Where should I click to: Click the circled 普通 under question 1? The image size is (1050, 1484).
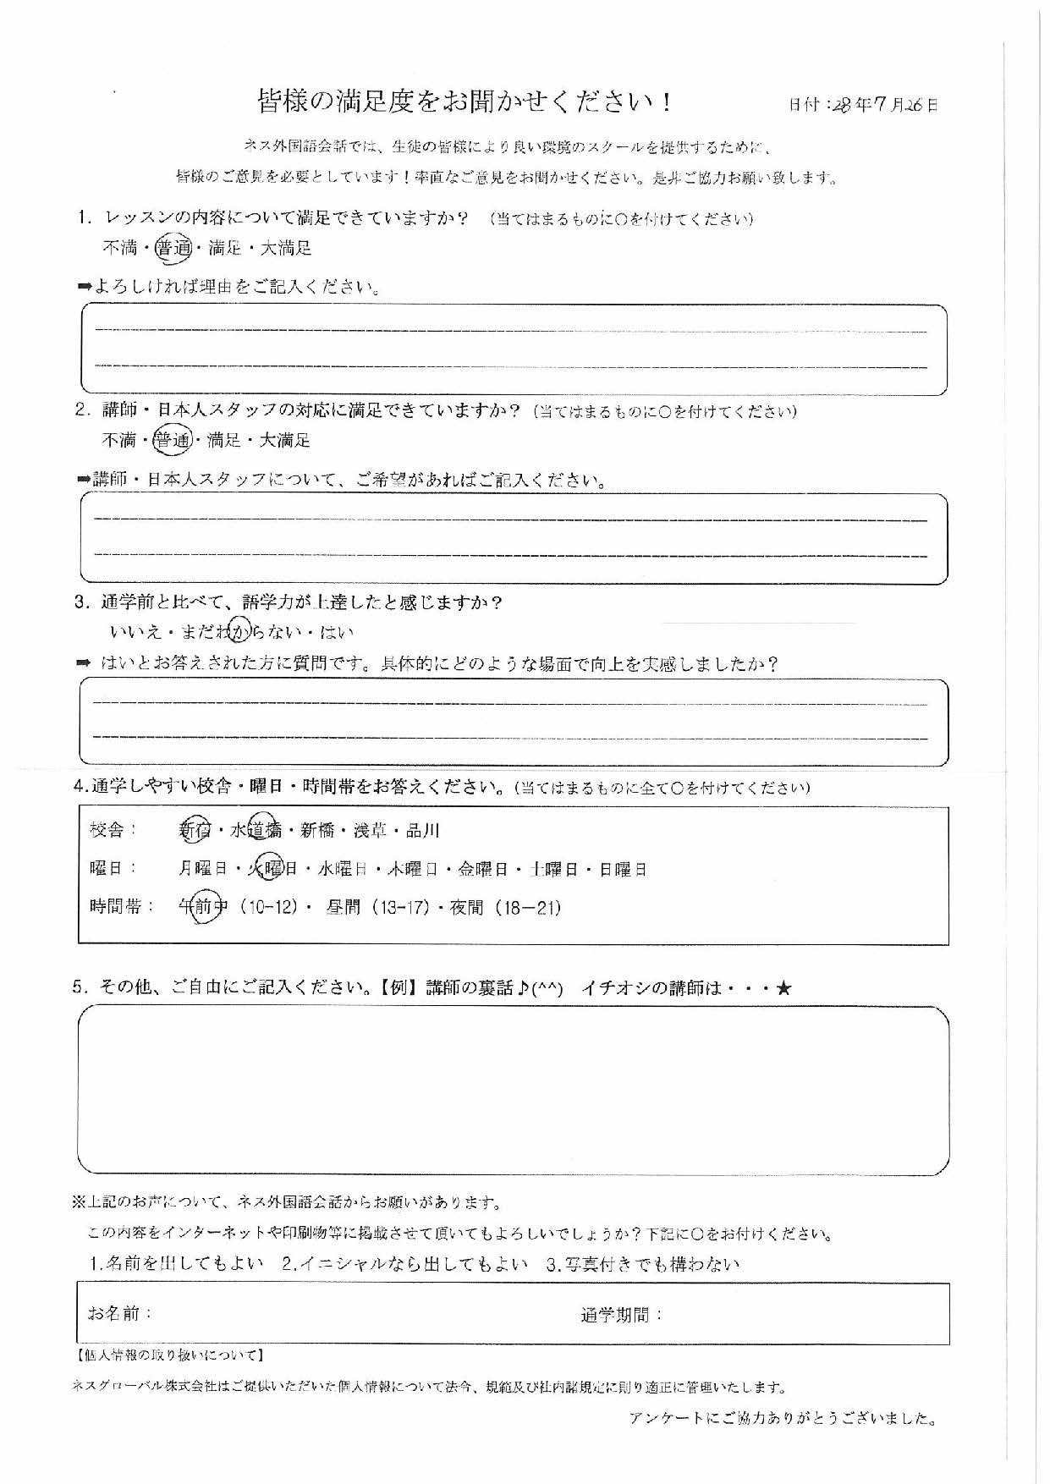tap(173, 248)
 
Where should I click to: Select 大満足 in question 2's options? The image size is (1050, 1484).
tap(284, 440)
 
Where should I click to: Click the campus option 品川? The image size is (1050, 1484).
tap(423, 831)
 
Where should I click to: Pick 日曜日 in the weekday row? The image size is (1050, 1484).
tap(624, 869)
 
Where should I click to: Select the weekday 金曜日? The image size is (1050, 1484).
tap(482, 869)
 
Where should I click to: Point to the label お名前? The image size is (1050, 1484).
tap(120, 1313)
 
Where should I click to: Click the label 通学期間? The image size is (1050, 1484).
tap(622, 1315)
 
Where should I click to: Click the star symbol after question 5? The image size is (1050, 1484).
tap(783, 987)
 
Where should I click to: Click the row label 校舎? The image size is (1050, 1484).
tap(113, 830)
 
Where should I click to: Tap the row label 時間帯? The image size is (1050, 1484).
tap(122, 907)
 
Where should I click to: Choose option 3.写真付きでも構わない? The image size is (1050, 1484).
tap(643, 1265)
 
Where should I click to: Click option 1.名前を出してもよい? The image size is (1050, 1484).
tap(177, 1265)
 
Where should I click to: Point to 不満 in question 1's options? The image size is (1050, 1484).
tap(119, 248)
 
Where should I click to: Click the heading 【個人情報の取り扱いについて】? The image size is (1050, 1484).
tap(170, 1355)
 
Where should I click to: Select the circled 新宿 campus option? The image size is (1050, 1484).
tap(195, 831)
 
